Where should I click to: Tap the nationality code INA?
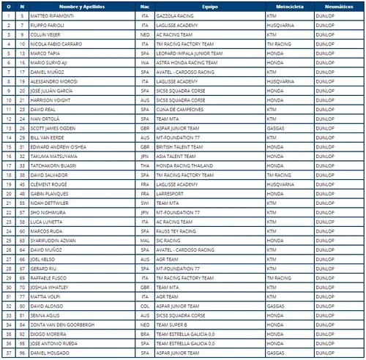point(144,62)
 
